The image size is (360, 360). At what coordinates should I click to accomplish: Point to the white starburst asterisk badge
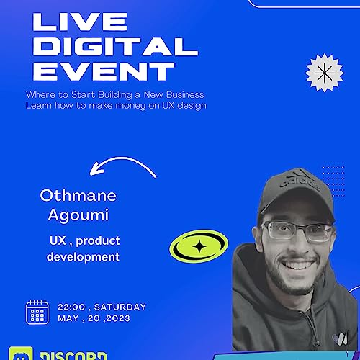320,73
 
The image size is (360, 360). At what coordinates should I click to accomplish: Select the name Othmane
78,195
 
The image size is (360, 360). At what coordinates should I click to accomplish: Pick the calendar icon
37,312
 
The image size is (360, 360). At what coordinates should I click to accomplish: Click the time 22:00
71,307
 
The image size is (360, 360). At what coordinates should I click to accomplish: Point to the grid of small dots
332,177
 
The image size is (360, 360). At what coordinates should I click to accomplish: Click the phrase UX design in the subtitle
182,106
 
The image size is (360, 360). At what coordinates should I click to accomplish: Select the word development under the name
83,256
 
